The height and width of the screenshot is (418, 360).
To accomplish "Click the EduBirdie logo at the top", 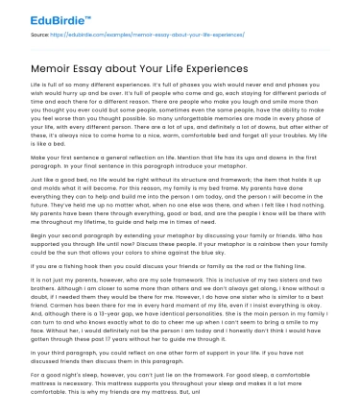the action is click(x=44, y=15).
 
